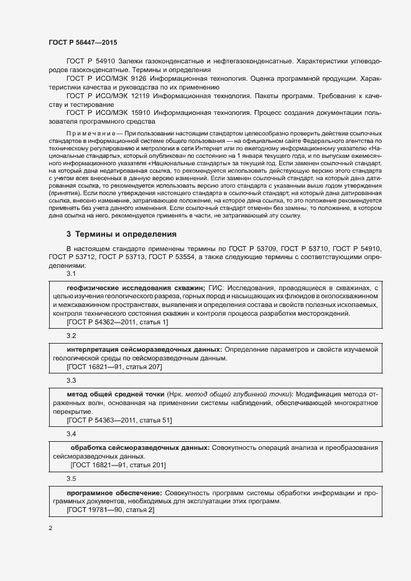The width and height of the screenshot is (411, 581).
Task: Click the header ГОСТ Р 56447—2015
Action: [x=82, y=42]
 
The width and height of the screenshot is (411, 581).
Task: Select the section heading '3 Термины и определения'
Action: [x=121, y=235]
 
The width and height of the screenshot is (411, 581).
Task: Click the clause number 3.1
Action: [x=71, y=273]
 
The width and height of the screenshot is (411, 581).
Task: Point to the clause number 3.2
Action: [x=71, y=336]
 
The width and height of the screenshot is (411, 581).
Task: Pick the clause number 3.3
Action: [x=71, y=380]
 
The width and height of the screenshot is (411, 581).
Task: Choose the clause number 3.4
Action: [x=71, y=434]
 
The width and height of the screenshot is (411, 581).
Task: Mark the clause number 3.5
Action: [x=71, y=478]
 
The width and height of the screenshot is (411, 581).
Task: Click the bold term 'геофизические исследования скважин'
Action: [x=136, y=289]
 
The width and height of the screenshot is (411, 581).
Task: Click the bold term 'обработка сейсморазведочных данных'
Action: [x=140, y=448]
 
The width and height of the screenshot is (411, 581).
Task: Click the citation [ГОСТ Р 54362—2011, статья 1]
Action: [x=117, y=322]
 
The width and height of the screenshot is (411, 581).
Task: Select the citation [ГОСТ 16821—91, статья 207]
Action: [x=114, y=367]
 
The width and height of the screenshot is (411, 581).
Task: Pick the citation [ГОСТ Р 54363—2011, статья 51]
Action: [x=119, y=421]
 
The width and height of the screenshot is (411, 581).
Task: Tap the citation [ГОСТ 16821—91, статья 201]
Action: [x=118, y=465]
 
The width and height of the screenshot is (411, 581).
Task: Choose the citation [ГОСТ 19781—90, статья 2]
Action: [x=110, y=510]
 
